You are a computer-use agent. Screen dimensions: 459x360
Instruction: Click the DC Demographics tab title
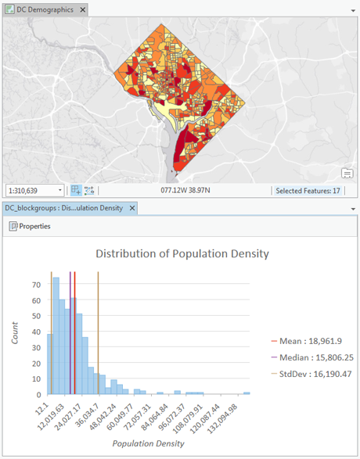(45, 10)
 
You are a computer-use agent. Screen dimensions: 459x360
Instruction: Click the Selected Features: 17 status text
(308, 190)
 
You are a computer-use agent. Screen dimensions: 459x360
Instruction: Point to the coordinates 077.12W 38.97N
(185, 190)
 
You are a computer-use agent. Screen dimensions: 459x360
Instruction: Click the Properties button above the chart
(30, 226)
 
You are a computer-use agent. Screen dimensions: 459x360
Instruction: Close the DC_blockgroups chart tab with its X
(132, 208)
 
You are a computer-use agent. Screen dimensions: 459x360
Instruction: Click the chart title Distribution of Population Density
(182, 253)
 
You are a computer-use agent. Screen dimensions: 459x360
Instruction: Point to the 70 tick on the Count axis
(37, 285)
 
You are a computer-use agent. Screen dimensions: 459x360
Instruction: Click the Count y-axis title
(15, 334)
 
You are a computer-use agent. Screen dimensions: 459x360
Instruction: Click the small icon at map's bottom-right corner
(347, 173)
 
